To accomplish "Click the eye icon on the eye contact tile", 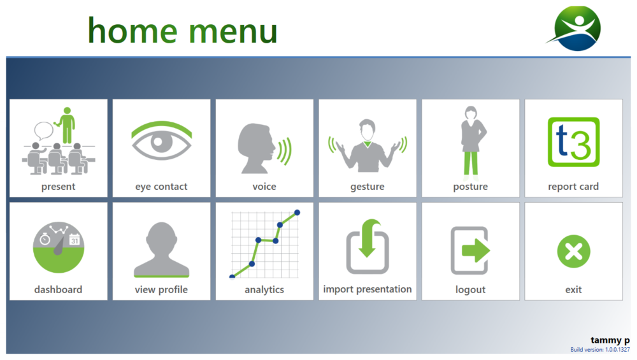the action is tap(162, 140).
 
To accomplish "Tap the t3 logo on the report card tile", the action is tap(574, 142).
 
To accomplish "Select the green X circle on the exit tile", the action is tap(574, 252).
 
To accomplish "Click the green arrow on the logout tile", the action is tap(476, 250).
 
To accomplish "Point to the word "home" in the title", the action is tap(132, 31).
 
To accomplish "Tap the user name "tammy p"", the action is tap(610, 340).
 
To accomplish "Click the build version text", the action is tap(600, 349).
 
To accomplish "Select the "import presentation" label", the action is tap(368, 289).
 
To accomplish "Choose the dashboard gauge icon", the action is tap(59, 247).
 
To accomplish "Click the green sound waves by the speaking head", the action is tap(284, 151).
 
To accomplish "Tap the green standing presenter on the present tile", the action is tap(66, 125).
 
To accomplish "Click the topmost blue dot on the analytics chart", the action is tap(297, 213).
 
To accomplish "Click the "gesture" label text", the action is tap(368, 187).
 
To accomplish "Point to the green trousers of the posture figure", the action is tap(471, 163).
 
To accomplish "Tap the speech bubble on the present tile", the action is tap(43, 131).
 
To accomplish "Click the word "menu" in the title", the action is tap(233, 32).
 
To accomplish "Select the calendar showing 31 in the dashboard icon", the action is tap(75, 240).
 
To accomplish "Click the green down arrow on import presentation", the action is tap(368, 238).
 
